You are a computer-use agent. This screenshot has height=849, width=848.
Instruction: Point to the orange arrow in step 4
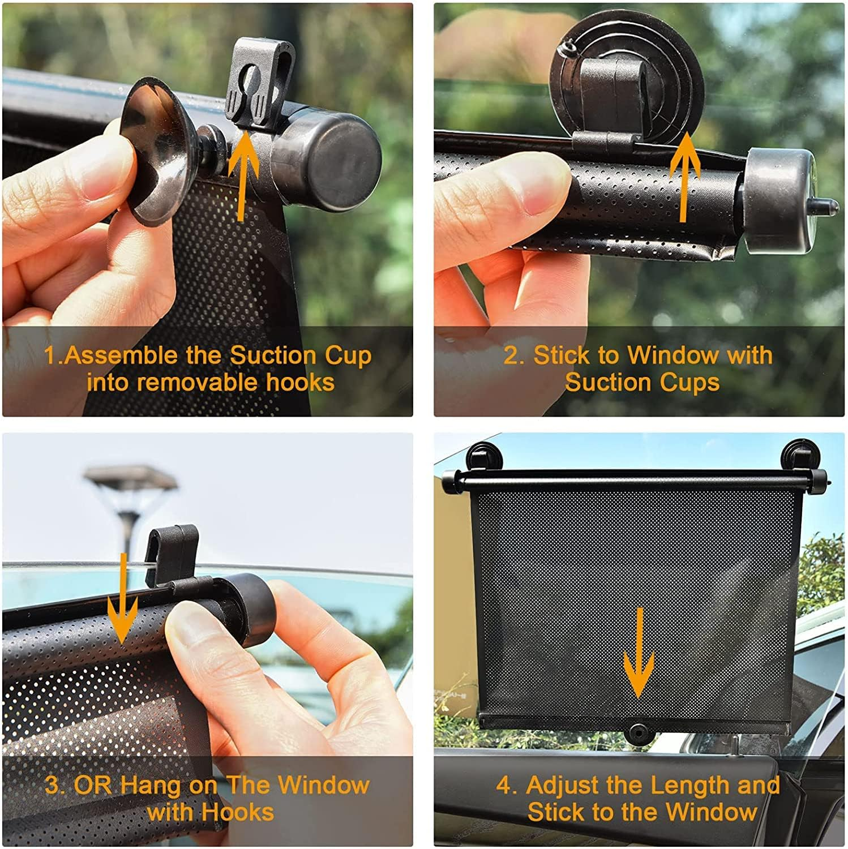pyautogui.click(x=639, y=657)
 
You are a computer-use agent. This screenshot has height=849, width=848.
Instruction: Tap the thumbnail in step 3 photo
pyautogui.click(x=195, y=625)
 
